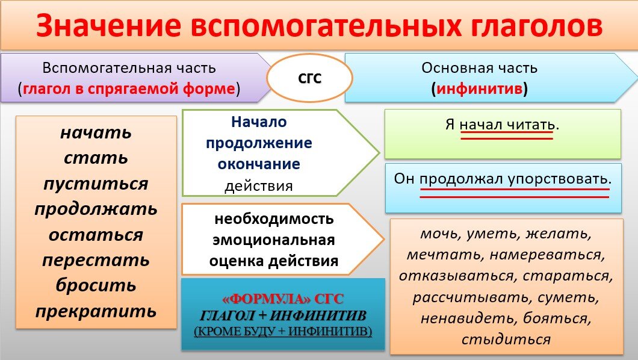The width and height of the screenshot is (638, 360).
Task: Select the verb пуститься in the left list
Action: (96, 184)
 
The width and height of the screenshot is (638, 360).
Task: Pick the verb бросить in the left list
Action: (96, 285)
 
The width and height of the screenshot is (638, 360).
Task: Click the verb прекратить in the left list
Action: (96, 311)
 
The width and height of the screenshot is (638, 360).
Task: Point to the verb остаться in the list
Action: (96, 235)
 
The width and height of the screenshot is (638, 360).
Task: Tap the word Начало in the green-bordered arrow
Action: (258, 122)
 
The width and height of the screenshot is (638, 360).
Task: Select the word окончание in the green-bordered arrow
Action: (259, 164)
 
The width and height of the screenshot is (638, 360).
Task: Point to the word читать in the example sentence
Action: (530, 125)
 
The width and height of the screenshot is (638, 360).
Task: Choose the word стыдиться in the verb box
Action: (506, 339)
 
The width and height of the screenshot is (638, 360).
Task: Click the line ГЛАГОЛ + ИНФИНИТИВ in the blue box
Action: (283, 315)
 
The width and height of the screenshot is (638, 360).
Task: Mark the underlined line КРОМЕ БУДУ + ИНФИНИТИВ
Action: (283, 331)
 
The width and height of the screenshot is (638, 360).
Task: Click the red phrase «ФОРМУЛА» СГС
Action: (283, 299)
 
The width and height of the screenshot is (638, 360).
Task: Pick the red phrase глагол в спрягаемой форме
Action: (128, 89)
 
